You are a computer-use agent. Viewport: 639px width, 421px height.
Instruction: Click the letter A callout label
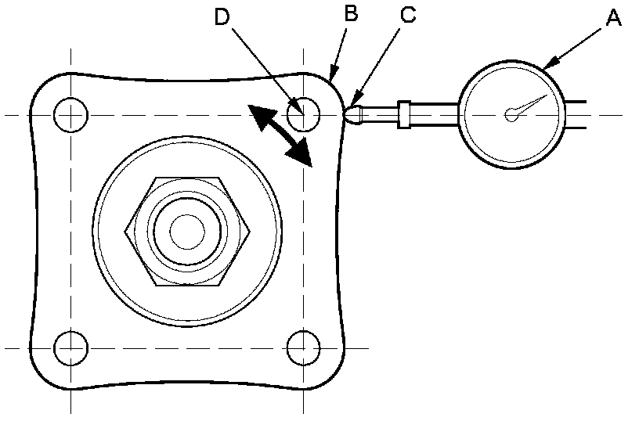(x=613, y=17)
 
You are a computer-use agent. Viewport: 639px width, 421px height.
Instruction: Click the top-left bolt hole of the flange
(x=70, y=115)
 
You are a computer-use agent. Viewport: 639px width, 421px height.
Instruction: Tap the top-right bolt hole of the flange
(x=303, y=115)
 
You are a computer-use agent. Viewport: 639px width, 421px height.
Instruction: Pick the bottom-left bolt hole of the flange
(x=70, y=347)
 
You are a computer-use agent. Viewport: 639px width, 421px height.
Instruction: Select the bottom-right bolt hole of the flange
(x=303, y=347)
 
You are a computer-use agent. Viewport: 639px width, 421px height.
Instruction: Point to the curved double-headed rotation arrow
(x=280, y=135)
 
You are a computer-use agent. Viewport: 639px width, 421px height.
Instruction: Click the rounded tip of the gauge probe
(x=353, y=114)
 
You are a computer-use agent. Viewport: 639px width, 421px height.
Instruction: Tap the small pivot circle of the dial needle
(x=511, y=114)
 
